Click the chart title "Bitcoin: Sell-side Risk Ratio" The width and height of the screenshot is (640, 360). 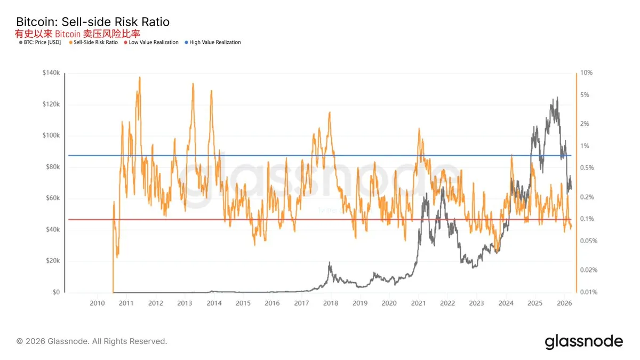point(93,22)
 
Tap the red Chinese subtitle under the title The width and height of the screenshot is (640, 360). point(77,33)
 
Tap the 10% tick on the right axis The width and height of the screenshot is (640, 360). point(586,73)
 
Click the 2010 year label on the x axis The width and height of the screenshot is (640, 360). point(97,303)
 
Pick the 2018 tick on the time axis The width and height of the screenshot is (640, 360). point(331,303)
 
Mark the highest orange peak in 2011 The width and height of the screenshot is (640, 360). point(140,77)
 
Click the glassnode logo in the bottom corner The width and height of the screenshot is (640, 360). point(583,341)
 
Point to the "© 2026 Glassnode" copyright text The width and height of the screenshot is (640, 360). point(92,341)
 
